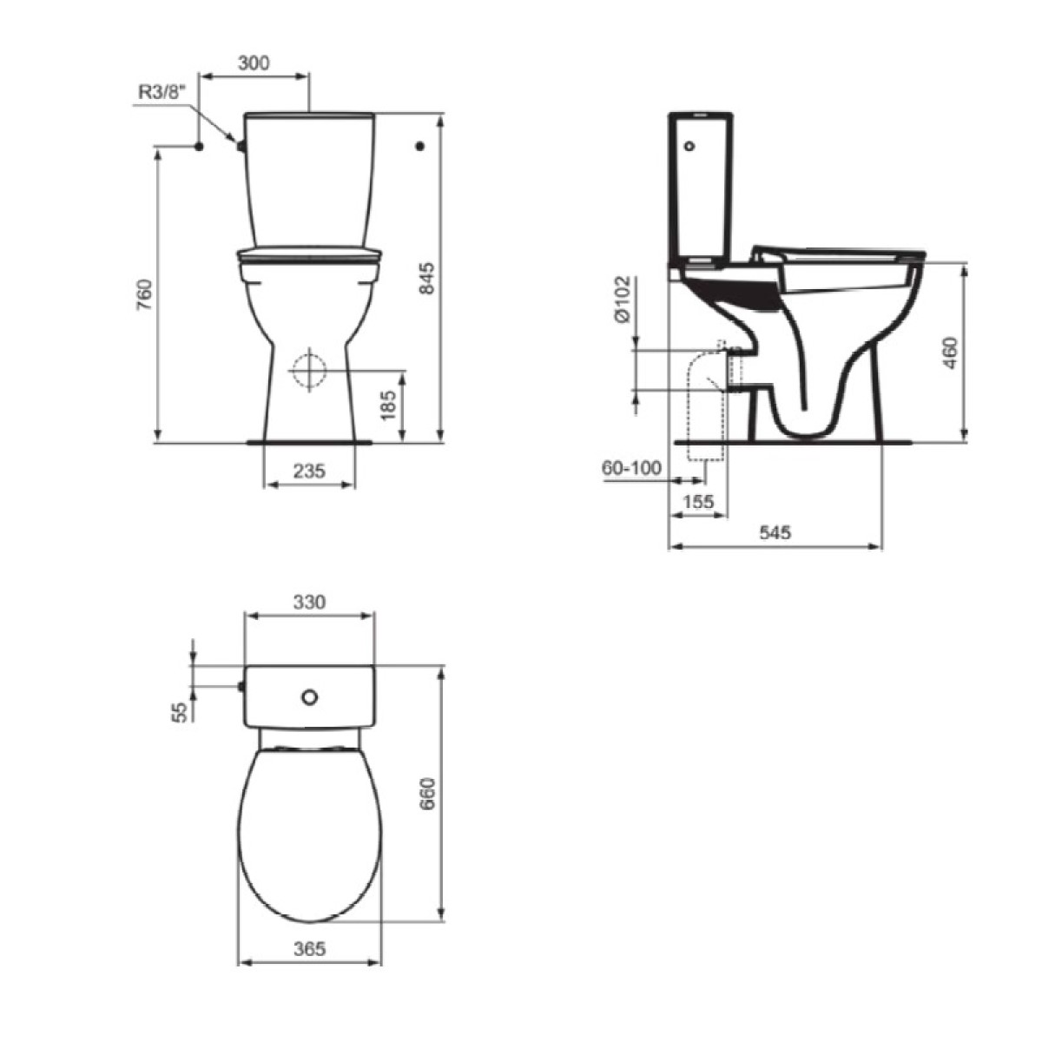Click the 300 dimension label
(x=254, y=63)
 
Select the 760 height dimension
(x=144, y=294)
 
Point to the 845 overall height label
(x=427, y=279)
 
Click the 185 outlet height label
(x=389, y=406)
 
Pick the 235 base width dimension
(x=309, y=471)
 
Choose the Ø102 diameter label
(x=623, y=299)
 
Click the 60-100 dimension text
(x=631, y=468)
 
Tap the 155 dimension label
(x=699, y=502)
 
